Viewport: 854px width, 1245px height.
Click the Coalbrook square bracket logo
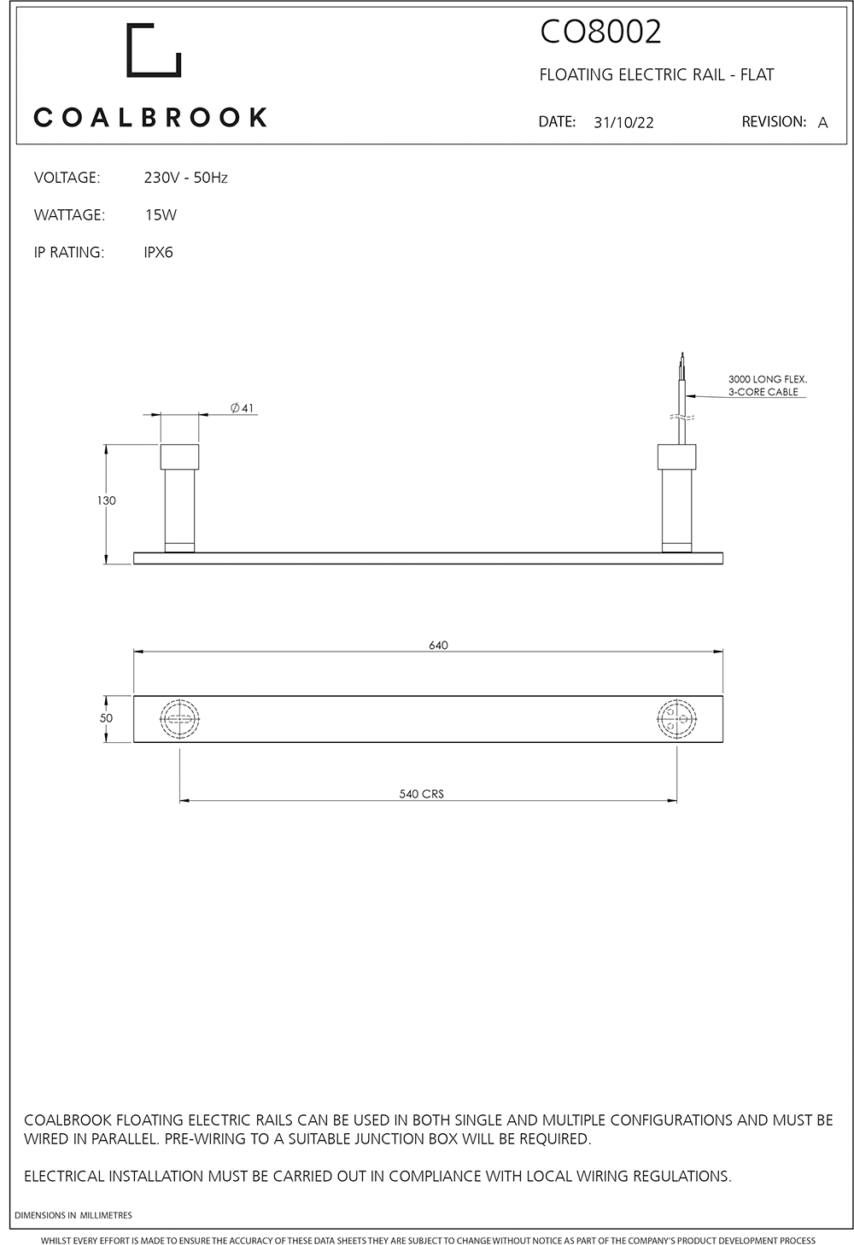tap(154, 50)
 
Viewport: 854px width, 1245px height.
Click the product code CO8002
tap(600, 32)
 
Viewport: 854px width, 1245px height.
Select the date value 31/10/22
tap(623, 122)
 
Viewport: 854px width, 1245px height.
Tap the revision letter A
tap(822, 123)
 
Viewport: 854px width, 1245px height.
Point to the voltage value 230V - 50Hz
tap(185, 178)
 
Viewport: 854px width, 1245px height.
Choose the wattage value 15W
tap(161, 215)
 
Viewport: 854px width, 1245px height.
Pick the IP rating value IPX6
tap(158, 253)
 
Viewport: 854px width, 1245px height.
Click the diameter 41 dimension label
tap(243, 408)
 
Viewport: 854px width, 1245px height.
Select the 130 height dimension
tap(106, 501)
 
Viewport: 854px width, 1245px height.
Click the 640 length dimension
tap(438, 646)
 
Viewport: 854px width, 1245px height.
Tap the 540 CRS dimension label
tap(421, 794)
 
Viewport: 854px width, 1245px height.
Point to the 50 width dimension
tap(106, 718)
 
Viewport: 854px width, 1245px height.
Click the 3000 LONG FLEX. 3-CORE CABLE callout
tap(767, 385)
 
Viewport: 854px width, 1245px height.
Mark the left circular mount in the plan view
tap(179, 718)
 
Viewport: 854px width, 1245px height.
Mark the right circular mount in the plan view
tap(676, 718)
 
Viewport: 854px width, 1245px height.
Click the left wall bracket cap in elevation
tap(179, 457)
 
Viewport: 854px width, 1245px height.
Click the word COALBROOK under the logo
tap(150, 117)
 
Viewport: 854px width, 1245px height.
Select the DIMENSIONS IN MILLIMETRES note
tap(73, 1215)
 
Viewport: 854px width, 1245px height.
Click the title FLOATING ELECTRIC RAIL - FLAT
tap(656, 75)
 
